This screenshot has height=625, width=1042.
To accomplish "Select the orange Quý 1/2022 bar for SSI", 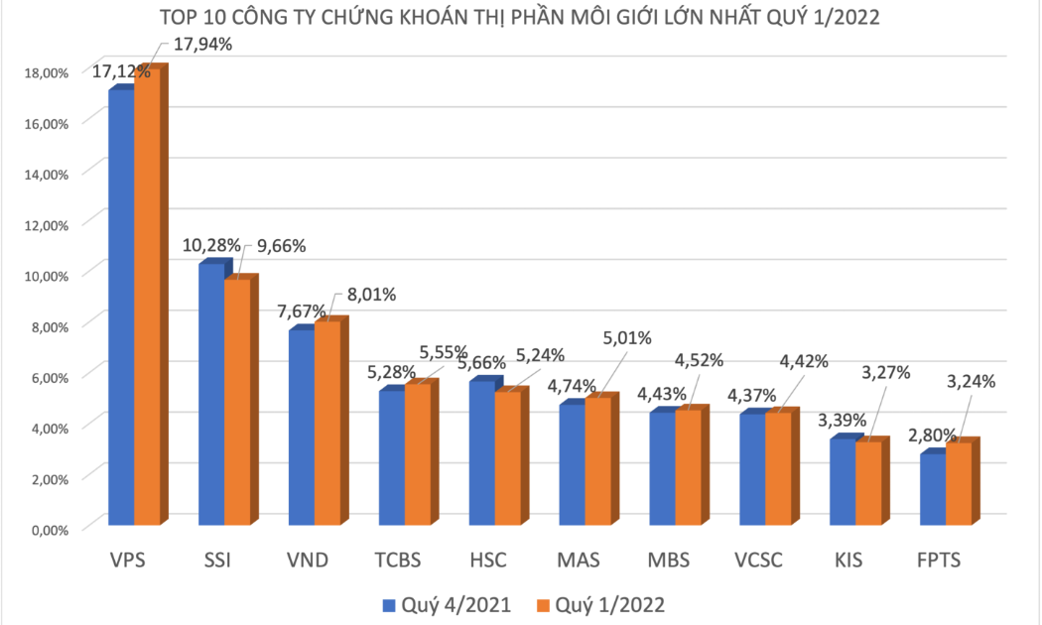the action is pyautogui.click(x=237, y=402).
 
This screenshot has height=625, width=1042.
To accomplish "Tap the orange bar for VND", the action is pyautogui.click(x=327, y=423).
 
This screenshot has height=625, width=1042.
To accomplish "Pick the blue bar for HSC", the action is pyautogui.click(x=481, y=453).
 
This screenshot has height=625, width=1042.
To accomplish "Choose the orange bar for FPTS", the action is pyautogui.click(x=959, y=483).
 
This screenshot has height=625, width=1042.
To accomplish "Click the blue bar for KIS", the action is pyautogui.click(x=843, y=482).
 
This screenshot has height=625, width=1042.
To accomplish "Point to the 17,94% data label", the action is pyautogui.click(x=202, y=45).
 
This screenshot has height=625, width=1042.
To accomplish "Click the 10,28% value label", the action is pyautogui.click(x=211, y=246).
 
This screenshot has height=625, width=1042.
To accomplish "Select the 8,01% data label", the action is pyautogui.click(x=371, y=295).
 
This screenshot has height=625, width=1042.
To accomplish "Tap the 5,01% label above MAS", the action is pyautogui.click(x=627, y=338).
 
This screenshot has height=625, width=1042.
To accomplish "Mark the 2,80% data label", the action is pyautogui.click(x=933, y=436).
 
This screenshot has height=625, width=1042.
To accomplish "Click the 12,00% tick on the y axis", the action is pyautogui.click(x=47, y=225).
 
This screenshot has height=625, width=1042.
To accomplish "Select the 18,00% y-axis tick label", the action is pyautogui.click(x=47, y=73).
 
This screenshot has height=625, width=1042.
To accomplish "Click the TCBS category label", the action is pyautogui.click(x=397, y=560).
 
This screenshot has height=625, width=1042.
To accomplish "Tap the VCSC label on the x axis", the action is pyautogui.click(x=758, y=560).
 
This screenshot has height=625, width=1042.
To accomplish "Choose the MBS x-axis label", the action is pyautogui.click(x=669, y=560).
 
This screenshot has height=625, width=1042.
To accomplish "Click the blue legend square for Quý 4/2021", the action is pyautogui.click(x=389, y=605).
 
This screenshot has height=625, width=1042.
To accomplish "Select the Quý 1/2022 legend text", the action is pyautogui.click(x=610, y=605).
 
